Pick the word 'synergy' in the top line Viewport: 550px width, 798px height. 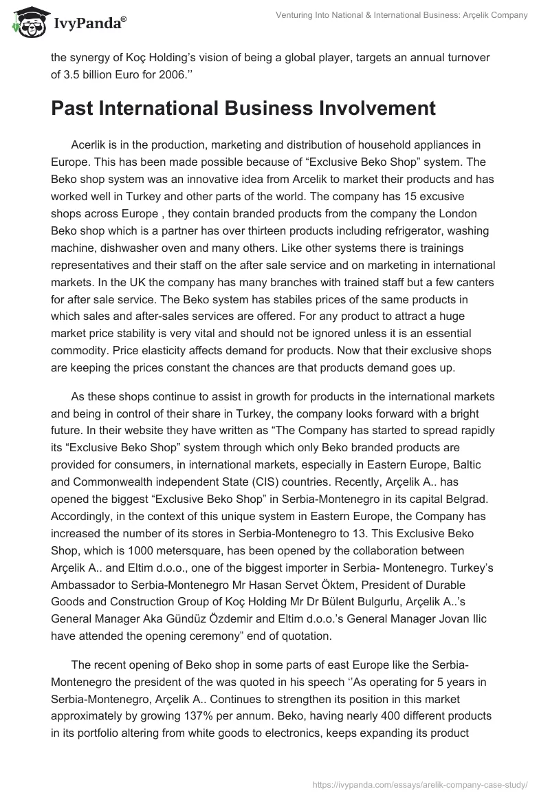coord(92,58)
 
